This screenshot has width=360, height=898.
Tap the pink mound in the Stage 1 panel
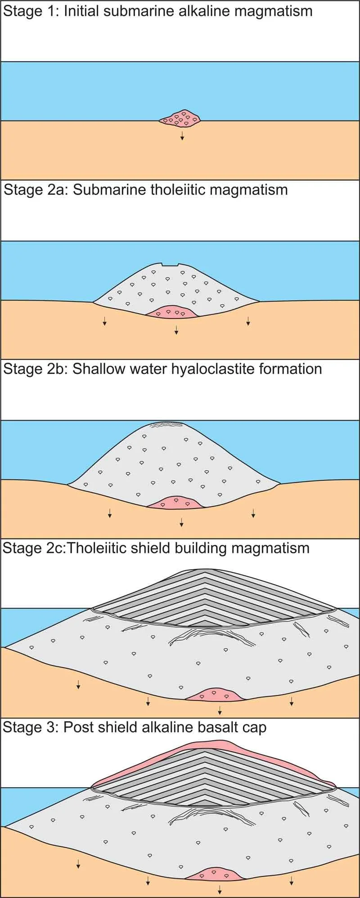180,117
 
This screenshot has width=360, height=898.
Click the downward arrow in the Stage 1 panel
182,136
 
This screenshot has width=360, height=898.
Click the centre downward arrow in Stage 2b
181,522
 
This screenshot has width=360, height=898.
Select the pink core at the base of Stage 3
215,874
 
